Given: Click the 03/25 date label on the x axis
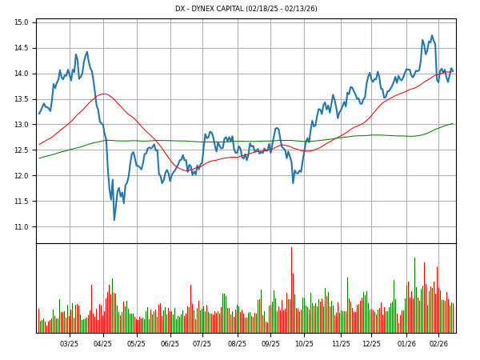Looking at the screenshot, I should pyautogui.click(x=70, y=344).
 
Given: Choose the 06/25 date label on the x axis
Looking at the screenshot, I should pyautogui.click(x=170, y=344).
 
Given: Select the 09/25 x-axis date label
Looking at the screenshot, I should pyautogui.click(x=271, y=344).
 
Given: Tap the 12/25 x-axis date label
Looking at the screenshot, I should pyautogui.click(x=371, y=344).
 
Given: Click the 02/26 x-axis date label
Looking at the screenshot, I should pyautogui.click(x=438, y=344).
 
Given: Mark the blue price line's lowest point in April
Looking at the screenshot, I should pyautogui.click(x=114, y=220).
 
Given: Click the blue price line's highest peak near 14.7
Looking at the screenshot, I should pyautogui.click(x=432, y=36).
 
